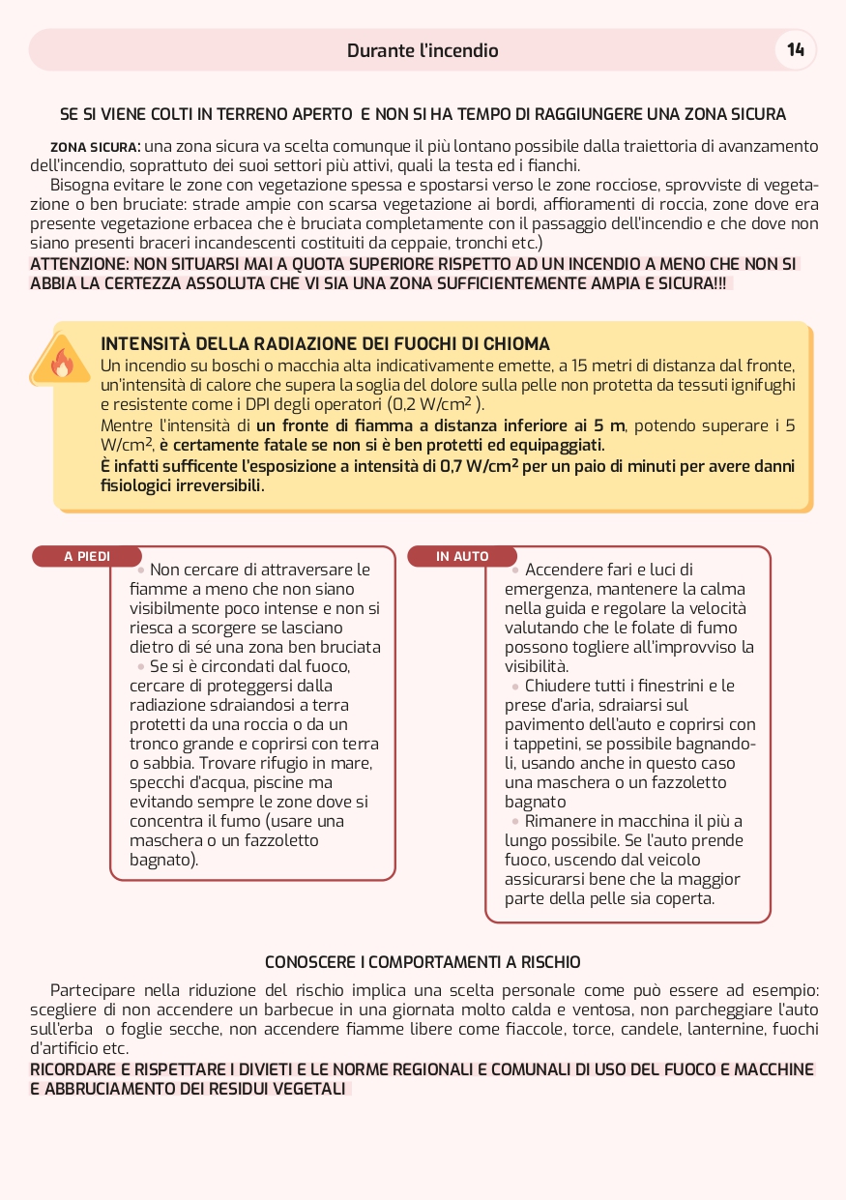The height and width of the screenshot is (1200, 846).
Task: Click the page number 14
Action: [x=796, y=50]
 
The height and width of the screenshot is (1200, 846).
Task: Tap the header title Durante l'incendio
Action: [x=423, y=50]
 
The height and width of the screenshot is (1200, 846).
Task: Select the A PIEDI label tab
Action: [x=87, y=557]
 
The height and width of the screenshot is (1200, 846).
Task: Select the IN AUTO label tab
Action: [x=462, y=557]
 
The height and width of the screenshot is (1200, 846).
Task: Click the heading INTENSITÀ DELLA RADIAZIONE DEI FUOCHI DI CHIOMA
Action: [x=325, y=344]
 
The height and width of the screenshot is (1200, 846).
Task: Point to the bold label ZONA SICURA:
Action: [x=96, y=147]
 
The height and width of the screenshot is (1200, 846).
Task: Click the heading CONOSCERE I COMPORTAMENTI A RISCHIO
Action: [x=423, y=963]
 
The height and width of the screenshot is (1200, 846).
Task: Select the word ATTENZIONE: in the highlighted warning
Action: [x=79, y=264]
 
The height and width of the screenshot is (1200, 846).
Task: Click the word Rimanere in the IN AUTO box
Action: [x=559, y=821]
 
